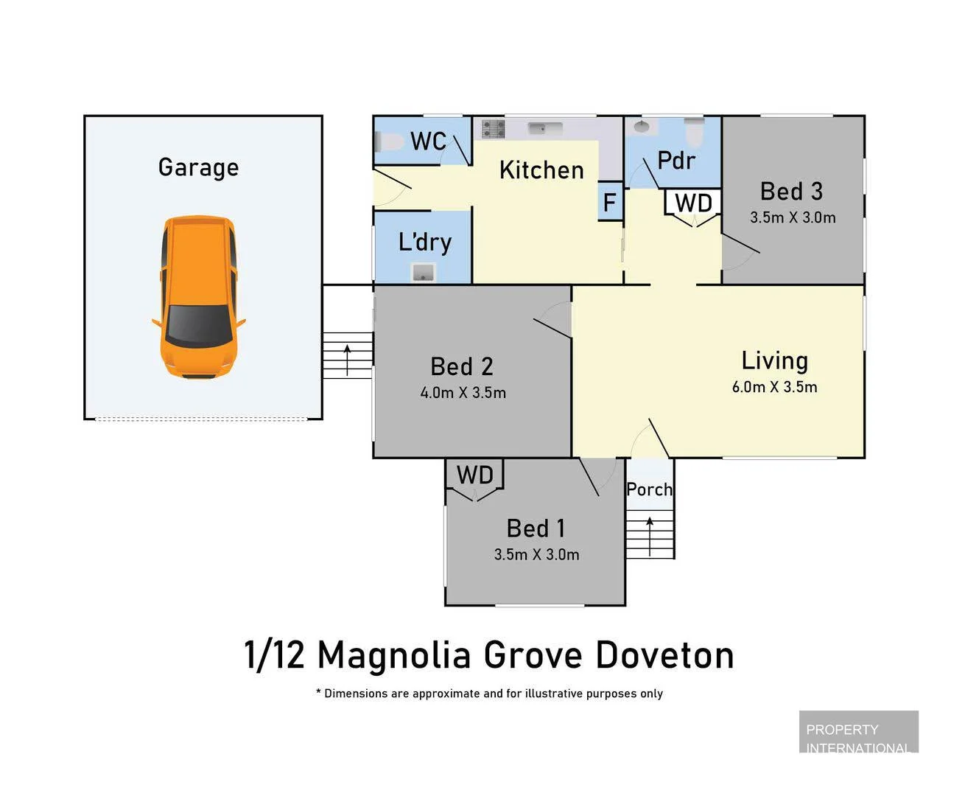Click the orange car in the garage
click(198, 297)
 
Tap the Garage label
click(198, 167)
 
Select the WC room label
click(428, 141)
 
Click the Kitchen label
click(541, 170)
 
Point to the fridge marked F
click(610, 202)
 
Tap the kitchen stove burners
click(493, 129)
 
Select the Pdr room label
click(675, 160)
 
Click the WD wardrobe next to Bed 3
click(693, 203)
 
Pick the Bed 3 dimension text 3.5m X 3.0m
click(793, 217)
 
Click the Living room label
click(774, 360)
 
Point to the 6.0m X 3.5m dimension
click(774, 387)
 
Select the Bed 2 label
click(462, 366)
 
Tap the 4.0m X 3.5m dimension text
click(463, 393)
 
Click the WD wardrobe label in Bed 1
click(474, 475)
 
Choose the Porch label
click(649, 489)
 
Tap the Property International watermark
click(858, 737)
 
